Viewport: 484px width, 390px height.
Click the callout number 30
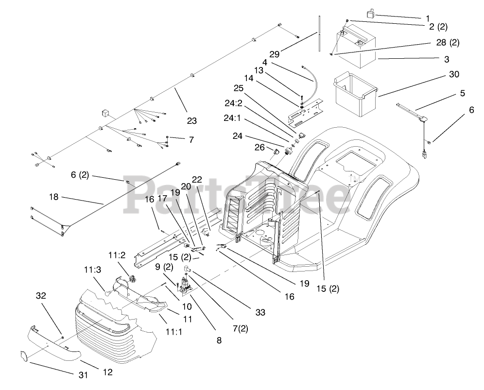453,74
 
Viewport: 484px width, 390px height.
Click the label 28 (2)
448,43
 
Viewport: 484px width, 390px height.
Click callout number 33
260,313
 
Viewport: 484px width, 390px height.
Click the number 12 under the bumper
107,373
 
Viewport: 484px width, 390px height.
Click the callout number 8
219,340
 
